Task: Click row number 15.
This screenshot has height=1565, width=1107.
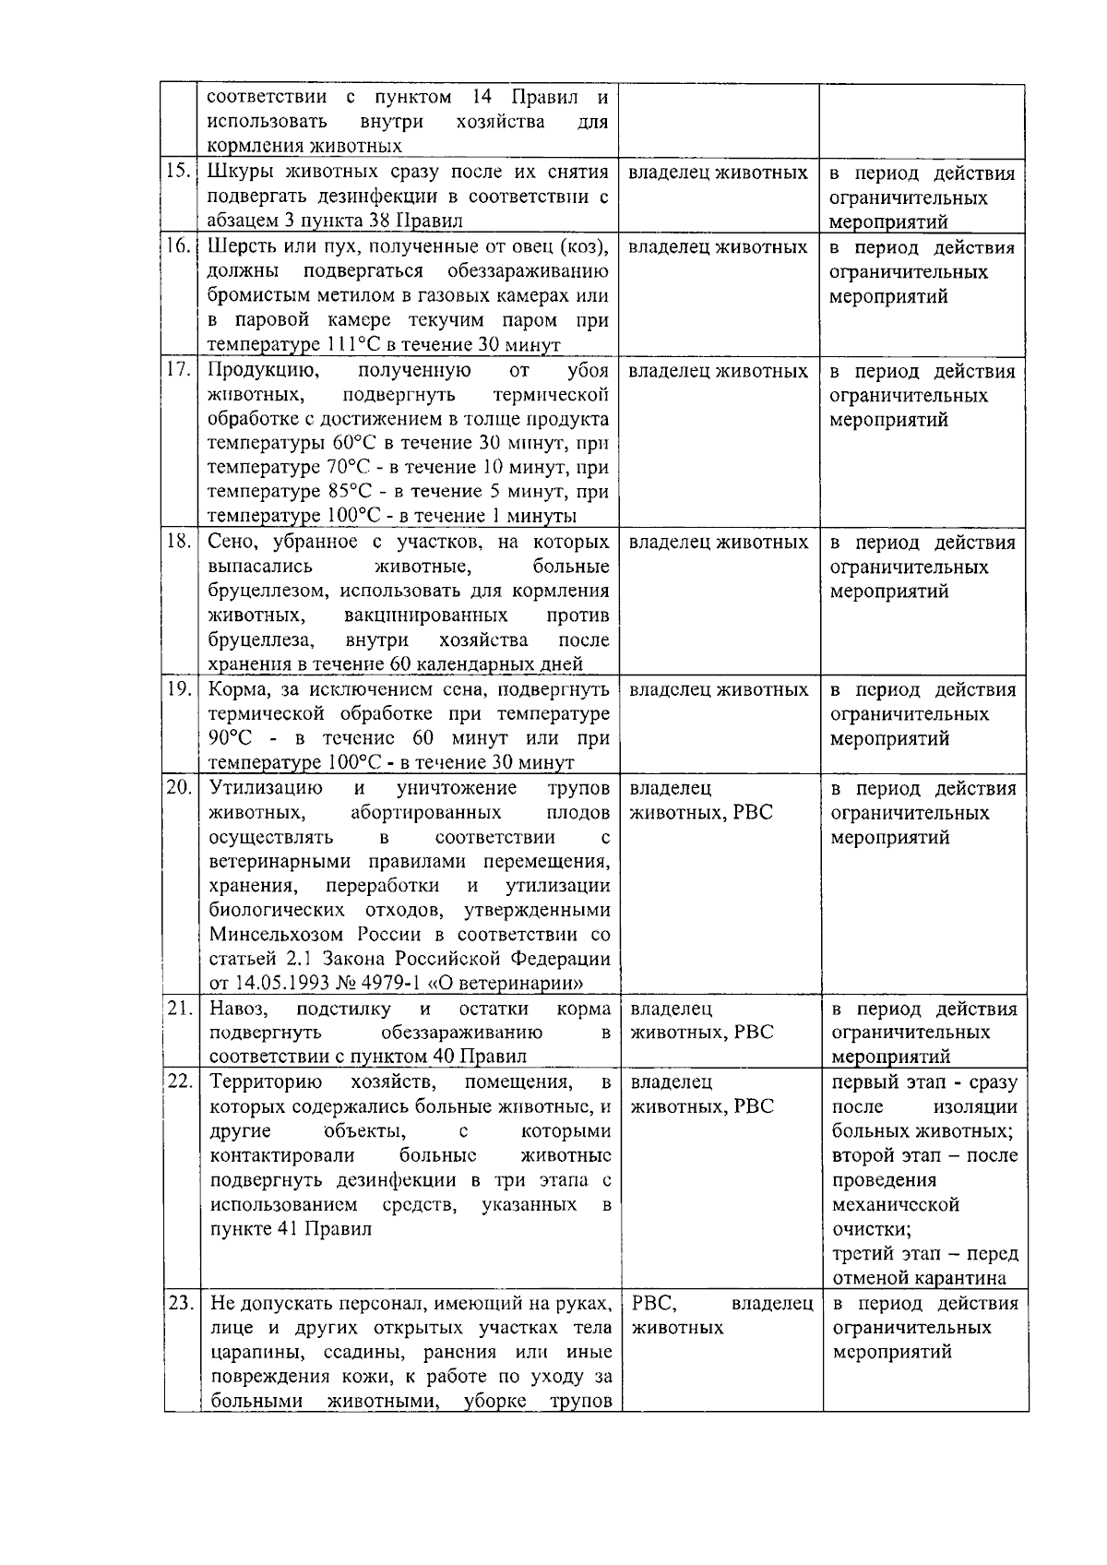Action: (179, 172)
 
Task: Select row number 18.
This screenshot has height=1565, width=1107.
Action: (179, 542)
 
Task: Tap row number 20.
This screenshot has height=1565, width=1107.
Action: (179, 787)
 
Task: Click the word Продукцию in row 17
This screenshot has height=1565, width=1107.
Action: (263, 370)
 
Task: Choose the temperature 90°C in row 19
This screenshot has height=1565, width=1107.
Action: (230, 738)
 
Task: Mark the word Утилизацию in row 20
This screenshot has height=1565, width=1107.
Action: (266, 787)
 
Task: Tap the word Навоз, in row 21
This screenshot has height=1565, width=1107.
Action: (238, 1008)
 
